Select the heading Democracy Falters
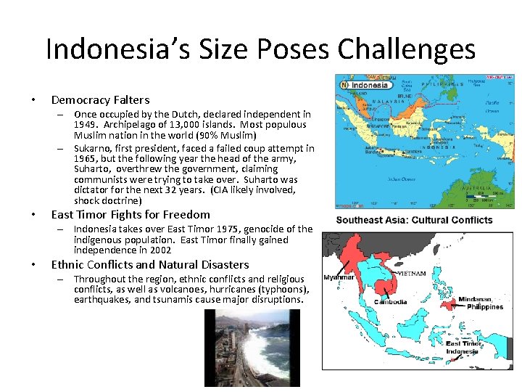100,100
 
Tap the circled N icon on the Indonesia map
345,85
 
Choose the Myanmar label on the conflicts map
339,277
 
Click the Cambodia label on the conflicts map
390,302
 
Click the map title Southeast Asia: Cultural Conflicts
414,220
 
